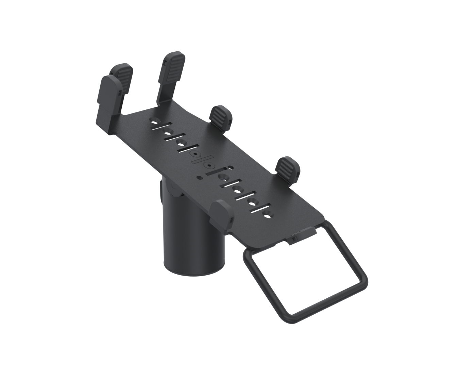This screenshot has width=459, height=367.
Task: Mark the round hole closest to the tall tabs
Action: pyautogui.click(x=155, y=121)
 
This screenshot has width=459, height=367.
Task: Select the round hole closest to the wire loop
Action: pyautogui.click(x=269, y=215)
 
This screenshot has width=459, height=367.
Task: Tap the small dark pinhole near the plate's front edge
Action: pyautogui.click(x=199, y=176)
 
